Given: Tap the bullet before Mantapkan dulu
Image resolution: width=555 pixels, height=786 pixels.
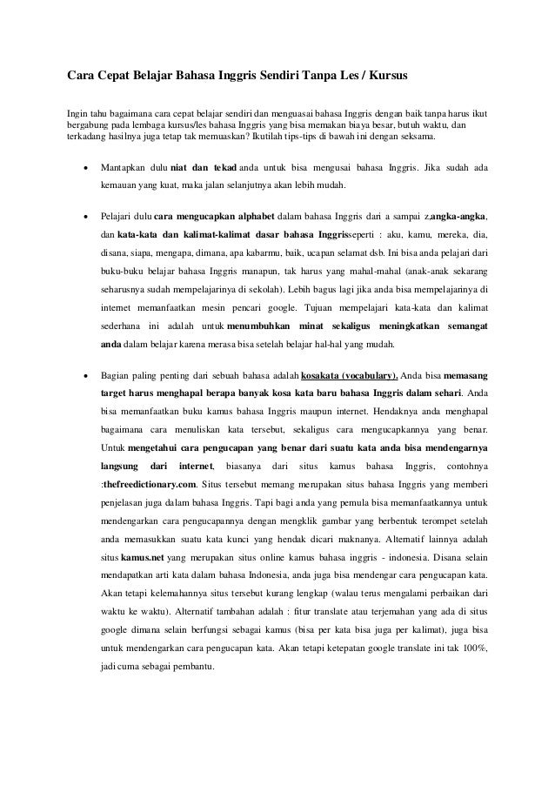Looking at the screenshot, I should click(84, 167).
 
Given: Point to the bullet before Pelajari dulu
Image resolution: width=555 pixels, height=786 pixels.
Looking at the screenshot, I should click(84, 214).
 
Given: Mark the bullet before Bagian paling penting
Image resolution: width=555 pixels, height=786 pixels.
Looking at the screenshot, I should click(84, 377).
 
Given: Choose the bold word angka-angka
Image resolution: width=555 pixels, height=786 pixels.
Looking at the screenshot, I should click(459, 214).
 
